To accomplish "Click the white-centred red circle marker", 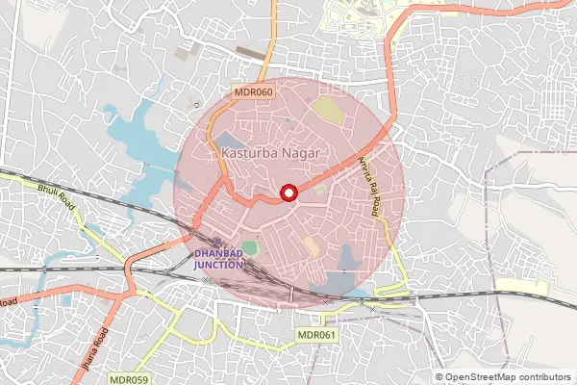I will (x=288, y=193).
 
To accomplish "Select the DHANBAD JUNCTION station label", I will (x=220, y=258).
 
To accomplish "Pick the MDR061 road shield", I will (x=317, y=335).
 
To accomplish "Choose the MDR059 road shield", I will (x=128, y=379).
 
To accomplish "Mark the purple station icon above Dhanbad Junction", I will (x=219, y=243).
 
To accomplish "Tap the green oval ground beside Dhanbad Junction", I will (x=250, y=247).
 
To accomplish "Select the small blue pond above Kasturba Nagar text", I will (x=232, y=138).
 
